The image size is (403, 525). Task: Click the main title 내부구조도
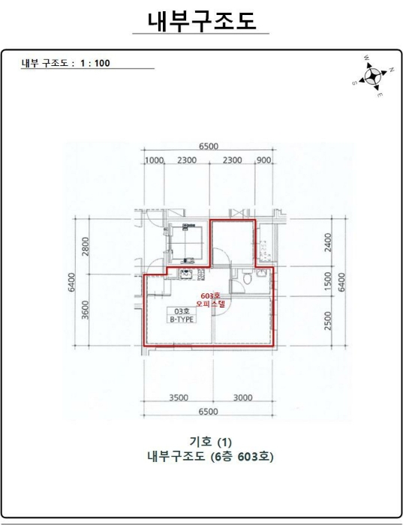click(x=202, y=21)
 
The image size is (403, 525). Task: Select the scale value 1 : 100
click(x=95, y=63)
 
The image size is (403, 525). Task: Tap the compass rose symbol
click(x=372, y=76)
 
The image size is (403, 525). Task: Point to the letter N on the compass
click(x=391, y=70)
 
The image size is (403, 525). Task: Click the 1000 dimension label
click(x=154, y=160)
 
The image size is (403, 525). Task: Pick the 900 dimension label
click(x=264, y=160)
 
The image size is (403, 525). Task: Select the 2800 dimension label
click(x=86, y=246)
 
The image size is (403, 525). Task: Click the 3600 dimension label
click(x=86, y=310)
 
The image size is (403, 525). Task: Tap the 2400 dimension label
click(x=328, y=242)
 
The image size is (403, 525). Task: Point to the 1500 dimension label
click(x=328, y=281)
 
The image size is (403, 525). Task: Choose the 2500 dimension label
click(x=328, y=321)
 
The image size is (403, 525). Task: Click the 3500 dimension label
click(x=179, y=397)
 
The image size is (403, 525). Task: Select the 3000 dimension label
click(x=243, y=397)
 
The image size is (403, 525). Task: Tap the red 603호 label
click(x=210, y=296)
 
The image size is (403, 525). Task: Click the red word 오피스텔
click(x=210, y=304)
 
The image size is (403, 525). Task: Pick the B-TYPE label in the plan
click(x=181, y=319)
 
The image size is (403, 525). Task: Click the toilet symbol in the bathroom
click(x=247, y=277)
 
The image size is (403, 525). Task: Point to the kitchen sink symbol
click(x=185, y=274)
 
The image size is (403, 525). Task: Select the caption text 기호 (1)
click(x=210, y=442)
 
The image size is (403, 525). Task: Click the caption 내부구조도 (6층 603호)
click(x=210, y=456)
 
